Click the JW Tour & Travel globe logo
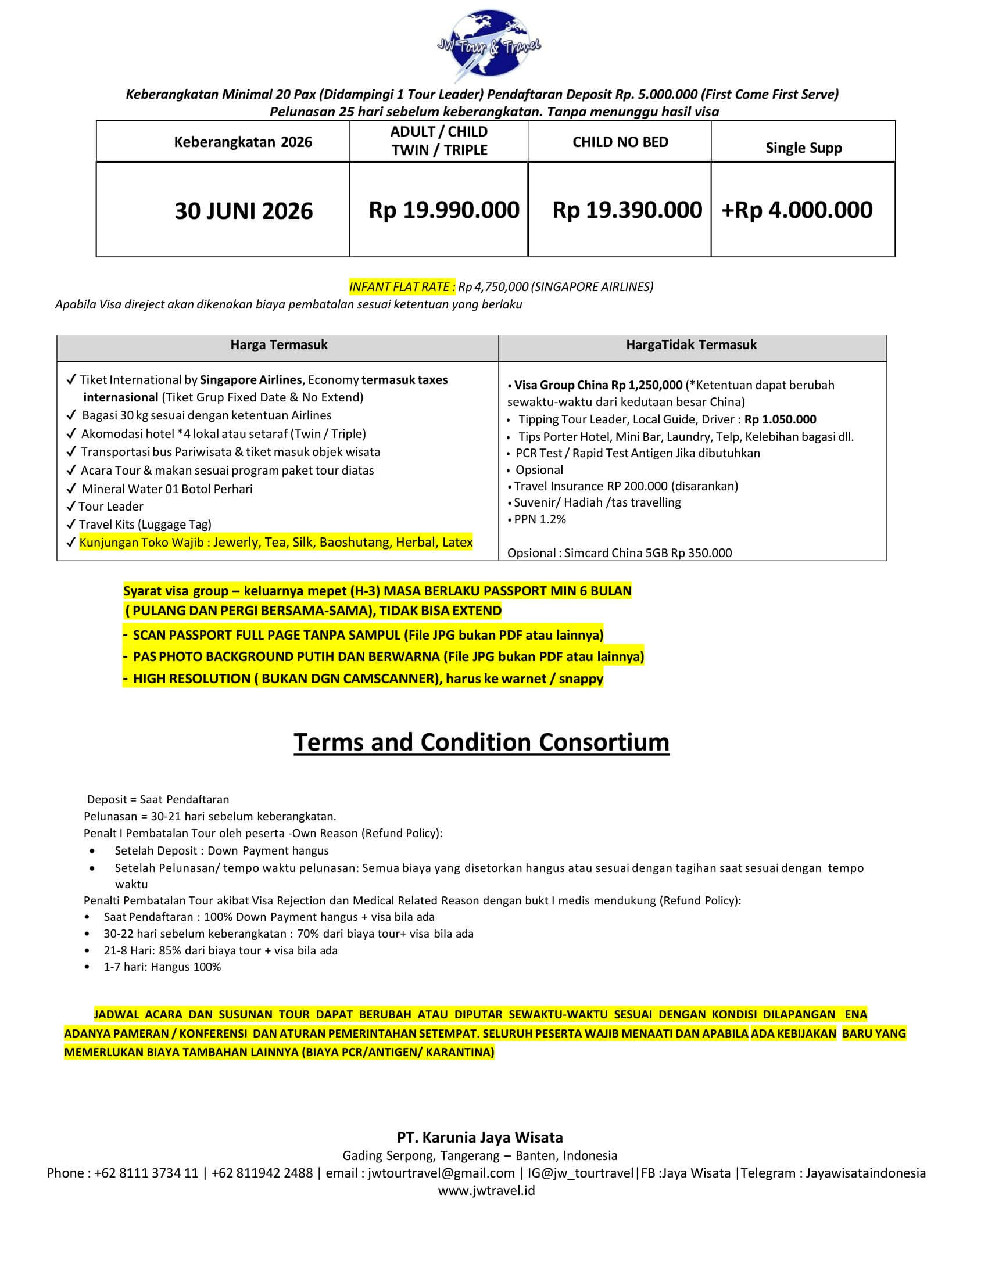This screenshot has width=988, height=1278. (x=489, y=44)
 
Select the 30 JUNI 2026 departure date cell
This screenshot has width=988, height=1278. (x=244, y=211)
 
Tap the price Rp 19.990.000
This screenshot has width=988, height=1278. (x=443, y=210)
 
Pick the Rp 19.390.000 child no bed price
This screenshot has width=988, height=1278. (x=627, y=210)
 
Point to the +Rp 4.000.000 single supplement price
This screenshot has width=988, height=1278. (x=797, y=210)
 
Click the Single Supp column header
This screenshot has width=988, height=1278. (x=803, y=148)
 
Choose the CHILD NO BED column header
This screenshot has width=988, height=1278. (x=620, y=142)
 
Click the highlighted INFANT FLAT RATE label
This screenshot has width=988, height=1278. (x=402, y=287)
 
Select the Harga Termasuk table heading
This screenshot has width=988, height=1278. (x=278, y=344)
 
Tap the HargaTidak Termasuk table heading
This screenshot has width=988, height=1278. (x=690, y=344)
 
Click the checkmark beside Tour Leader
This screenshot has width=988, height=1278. (x=71, y=506)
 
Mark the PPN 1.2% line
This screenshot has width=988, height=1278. (x=540, y=519)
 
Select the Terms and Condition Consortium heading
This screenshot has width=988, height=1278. (x=481, y=742)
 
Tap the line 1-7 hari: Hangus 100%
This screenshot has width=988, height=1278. (x=162, y=967)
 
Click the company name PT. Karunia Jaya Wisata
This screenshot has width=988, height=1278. (x=479, y=1137)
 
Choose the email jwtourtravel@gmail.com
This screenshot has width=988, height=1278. (x=441, y=1173)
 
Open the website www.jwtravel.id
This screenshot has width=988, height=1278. (x=486, y=1190)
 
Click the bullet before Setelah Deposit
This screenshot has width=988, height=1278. (x=92, y=851)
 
